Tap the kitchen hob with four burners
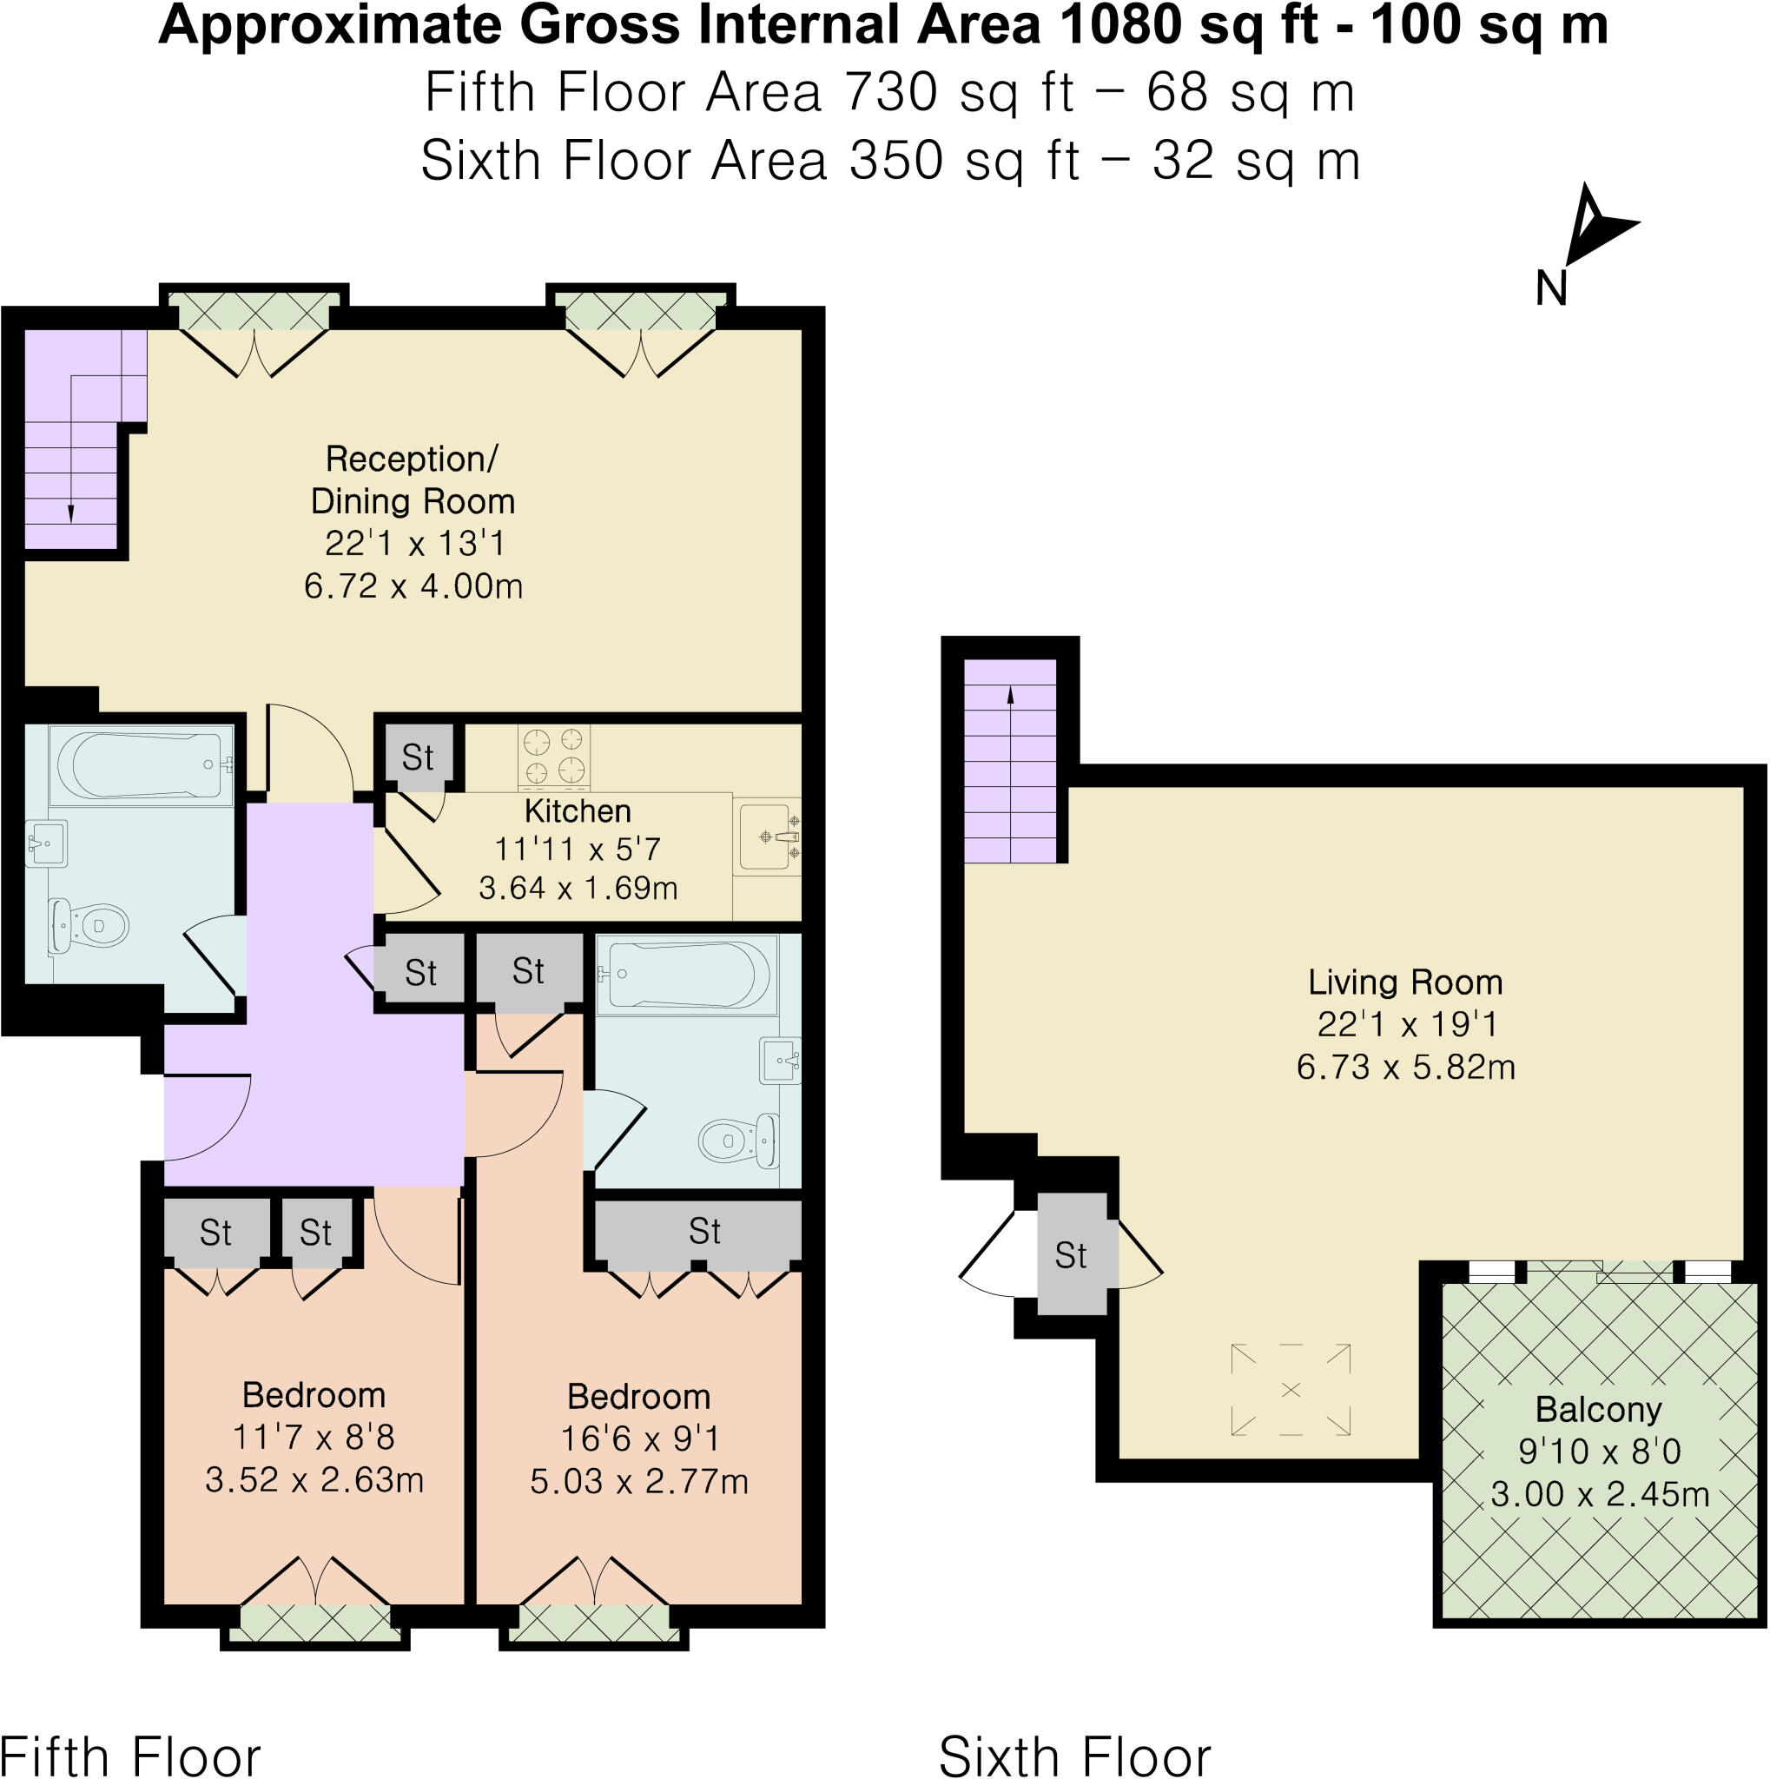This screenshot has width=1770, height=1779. (554, 756)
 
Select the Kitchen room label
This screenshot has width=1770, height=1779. (577, 811)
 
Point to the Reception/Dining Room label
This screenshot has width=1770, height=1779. (412, 479)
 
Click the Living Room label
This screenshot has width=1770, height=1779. (1404, 982)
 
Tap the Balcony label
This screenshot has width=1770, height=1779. (1598, 1409)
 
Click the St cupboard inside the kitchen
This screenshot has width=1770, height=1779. (418, 757)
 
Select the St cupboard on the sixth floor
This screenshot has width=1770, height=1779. (1071, 1255)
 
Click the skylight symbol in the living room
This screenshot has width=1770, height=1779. (1291, 1390)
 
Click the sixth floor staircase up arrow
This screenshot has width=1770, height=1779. (1010, 696)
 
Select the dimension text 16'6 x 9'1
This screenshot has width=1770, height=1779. (640, 1438)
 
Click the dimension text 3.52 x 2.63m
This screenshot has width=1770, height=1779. (314, 1478)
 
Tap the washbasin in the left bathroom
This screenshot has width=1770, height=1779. (45, 843)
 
